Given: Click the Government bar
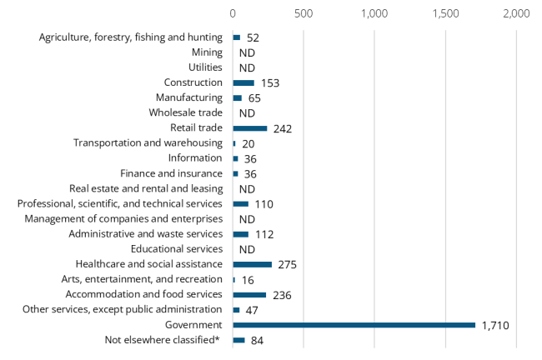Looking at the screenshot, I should [354, 325].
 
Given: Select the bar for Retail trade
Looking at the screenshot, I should [249, 128].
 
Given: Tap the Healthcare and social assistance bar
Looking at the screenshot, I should [252, 264].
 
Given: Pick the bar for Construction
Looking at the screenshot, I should [243, 83].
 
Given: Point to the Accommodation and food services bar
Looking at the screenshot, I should [249, 294].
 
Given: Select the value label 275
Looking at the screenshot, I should [288, 264].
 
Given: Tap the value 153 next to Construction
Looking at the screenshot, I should [269, 83].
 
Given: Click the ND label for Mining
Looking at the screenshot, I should [247, 52].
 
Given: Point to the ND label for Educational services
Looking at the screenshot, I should [247, 249].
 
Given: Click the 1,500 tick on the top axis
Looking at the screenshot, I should [446, 14].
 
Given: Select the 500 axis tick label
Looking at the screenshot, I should [304, 14].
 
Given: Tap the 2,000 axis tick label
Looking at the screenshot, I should [517, 14].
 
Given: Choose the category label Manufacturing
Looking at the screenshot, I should [188, 97].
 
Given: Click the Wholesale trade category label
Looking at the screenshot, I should [185, 112].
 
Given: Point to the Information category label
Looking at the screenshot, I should [195, 158].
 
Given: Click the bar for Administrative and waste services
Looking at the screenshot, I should [240, 234].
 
